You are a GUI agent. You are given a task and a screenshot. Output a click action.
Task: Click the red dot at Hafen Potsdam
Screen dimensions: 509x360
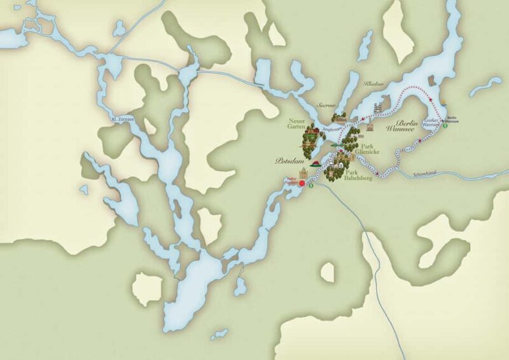(x=302, y=184)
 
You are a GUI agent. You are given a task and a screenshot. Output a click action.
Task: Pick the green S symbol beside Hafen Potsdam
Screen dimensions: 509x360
(x=310, y=186)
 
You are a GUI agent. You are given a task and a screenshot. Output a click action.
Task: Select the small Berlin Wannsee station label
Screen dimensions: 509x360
(x=451, y=119)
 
